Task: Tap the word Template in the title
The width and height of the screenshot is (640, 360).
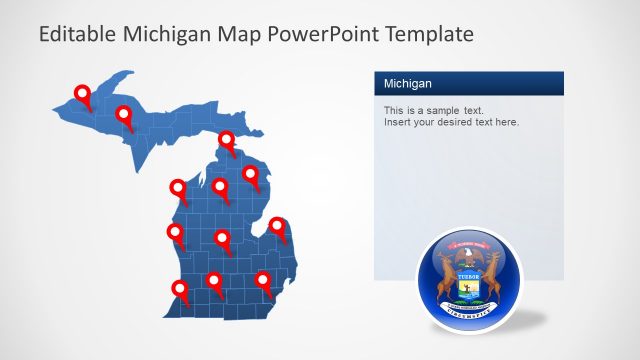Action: click(421, 35)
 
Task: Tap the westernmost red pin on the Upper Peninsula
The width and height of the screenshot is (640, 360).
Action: click(83, 94)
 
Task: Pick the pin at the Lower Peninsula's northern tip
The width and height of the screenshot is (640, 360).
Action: click(227, 139)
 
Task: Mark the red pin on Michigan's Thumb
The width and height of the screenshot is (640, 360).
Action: click(278, 227)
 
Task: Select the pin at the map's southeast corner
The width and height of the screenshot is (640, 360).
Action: click(263, 279)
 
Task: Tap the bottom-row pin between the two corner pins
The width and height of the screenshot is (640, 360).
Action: click(214, 281)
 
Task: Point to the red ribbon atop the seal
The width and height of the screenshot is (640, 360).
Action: click(466, 244)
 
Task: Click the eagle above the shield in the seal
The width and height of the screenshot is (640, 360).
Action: click(466, 256)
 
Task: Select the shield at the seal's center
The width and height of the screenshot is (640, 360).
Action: click(466, 284)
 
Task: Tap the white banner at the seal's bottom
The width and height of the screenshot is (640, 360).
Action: click(466, 311)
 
